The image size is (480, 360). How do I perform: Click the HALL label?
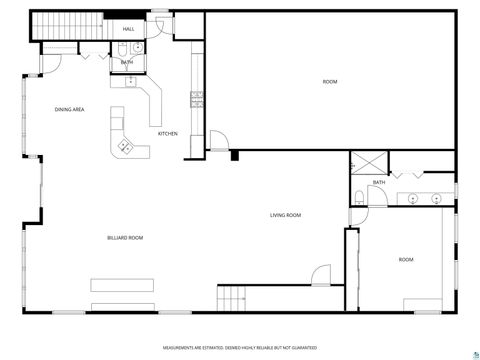tap(129, 29)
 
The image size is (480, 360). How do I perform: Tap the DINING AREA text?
tap(69, 109)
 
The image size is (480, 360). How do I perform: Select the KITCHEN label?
tap(169, 133)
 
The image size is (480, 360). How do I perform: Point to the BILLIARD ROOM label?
tap(126, 237)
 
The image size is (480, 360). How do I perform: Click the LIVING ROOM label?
tap(285, 215)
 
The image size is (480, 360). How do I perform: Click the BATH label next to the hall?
tap(127, 62)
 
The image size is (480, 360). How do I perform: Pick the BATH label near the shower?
tap(379, 182)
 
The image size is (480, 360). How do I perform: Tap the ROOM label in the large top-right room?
tap(329, 81)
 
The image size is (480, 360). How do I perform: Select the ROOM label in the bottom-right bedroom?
tap(406, 259)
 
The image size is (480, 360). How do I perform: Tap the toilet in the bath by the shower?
tap(358, 195)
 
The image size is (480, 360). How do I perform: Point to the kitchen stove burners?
tap(197, 98)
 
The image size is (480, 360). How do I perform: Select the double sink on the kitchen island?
tap(126, 147)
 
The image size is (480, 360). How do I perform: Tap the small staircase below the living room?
tap(232, 296)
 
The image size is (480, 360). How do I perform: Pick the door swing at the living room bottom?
tap(320, 273)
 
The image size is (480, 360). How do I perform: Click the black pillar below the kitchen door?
tap(234, 155)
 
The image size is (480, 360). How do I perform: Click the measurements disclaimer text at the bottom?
tap(240, 348)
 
